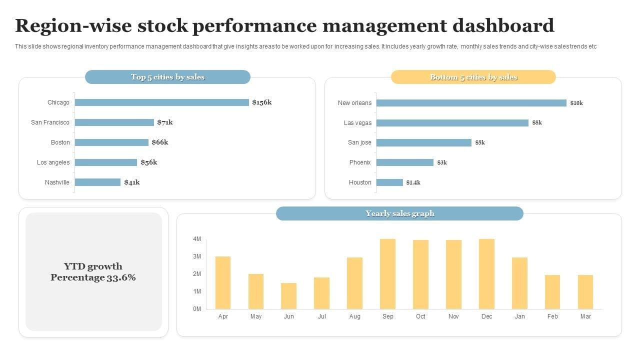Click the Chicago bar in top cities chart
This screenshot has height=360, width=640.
coord(161,102)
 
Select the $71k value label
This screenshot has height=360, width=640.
coord(165,122)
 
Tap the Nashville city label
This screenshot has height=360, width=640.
coord(57,182)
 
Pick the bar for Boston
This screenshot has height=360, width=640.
coord(111,142)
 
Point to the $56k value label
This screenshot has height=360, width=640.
coord(149,162)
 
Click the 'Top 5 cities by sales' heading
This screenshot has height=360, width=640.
coord(167,77)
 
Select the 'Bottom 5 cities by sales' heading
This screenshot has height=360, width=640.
coord(473,77)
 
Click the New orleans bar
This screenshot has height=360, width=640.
coord(471,103)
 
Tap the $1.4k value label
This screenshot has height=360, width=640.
coord(413,182)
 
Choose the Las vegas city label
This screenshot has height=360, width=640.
coord(357,123)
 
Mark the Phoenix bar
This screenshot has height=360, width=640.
coord(404,162)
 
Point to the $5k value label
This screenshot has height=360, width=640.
coord(480,142)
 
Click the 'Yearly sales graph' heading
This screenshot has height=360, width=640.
coord(399,213)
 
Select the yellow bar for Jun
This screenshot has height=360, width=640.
coord(288,296)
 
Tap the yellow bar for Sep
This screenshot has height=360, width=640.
coord(387,274)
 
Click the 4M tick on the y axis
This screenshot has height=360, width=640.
coord(196,239)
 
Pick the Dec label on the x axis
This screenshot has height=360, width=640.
coord(486,316)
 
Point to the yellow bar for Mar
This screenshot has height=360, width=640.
coord(585,292)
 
